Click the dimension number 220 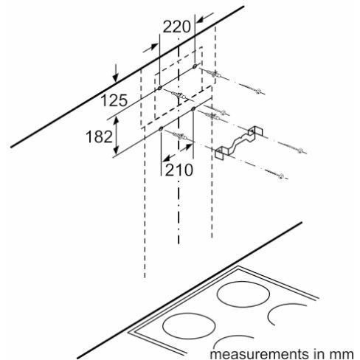coord(176,27)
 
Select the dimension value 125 coord(114,100)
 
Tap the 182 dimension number coord(99,136)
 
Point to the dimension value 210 coord(179,170)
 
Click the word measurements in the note coord(259,354)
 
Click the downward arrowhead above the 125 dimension coord(115,77)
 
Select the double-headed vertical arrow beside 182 coord(117,136)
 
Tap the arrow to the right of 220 coord(205,18)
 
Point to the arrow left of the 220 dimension coord(150,48)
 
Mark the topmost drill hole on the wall coord(195,66)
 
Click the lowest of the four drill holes coord(161,129)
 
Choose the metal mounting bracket coord(238,142)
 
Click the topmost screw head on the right coord(258,91)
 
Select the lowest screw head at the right coord(281,176)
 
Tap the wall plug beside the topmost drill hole coord(214,74)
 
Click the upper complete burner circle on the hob coord(243,294)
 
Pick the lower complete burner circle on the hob coord(189,326)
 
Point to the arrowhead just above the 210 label coord(189,147)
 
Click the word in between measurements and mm coord(319,354)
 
